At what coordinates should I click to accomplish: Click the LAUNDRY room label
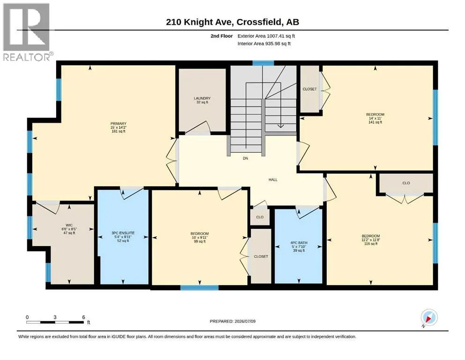tap(202, 98)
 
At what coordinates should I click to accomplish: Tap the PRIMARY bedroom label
tap(118, 124)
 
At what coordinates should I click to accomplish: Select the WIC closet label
tap(69, 225)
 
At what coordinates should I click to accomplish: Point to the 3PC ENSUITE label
tap(123, 233)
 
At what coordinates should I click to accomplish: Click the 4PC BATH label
tap(299, 243)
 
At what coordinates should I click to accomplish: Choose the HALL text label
tap(273, 180)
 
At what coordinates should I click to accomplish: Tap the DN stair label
tap(245, 158)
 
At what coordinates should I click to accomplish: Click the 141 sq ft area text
tap(375, 122)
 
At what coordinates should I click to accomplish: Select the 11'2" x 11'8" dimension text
tap(371, 240)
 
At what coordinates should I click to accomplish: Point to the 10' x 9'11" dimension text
tap(199, 238)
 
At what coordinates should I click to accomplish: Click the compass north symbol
tap(429, 318)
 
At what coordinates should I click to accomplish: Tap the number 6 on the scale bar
tap(84, 317)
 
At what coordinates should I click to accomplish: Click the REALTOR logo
tap(27, 32)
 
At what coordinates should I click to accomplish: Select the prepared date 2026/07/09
tap(245, 321)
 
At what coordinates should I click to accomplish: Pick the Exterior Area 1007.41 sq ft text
tap(266, 36)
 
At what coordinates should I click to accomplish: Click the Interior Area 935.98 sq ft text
tap(264, 43)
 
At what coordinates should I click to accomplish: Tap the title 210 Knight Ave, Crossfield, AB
tap(232, 22)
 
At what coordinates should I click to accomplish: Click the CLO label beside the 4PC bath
tap(260, 217)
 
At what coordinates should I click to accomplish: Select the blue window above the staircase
tap(263, 63)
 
